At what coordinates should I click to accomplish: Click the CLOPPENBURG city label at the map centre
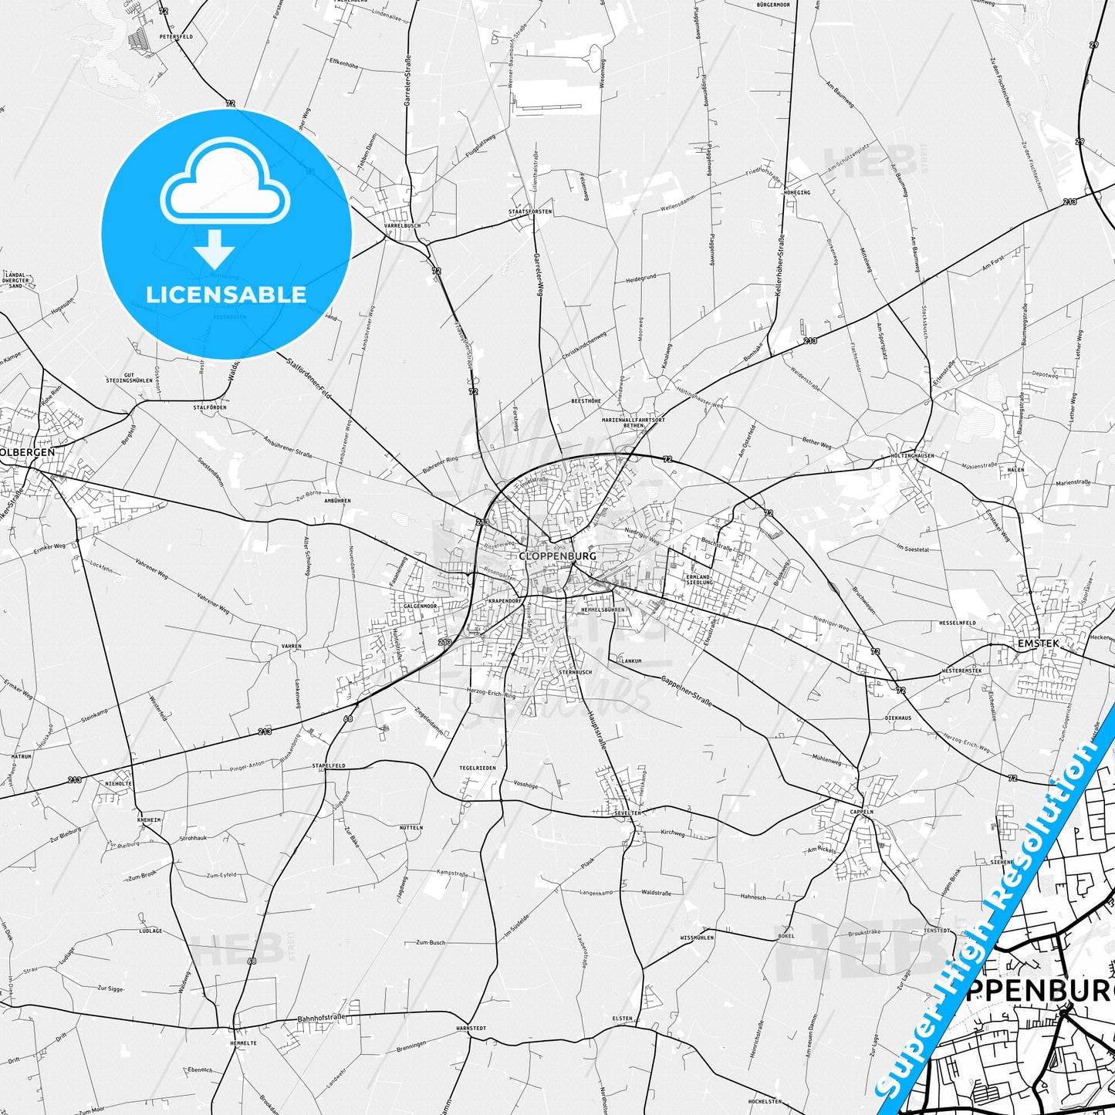(557, 556)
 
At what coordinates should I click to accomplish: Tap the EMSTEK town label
(1038, 643)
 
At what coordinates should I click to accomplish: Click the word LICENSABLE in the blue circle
(226, 294)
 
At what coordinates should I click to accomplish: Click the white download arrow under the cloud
(214, 249)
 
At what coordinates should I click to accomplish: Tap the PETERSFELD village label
(176, 36)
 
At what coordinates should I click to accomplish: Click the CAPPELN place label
(861, 812)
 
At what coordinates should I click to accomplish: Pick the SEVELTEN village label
(627, 813)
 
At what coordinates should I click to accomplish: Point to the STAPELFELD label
(329, 765)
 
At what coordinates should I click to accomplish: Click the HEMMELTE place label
(243, 1042)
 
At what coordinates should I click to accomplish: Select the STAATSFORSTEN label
(530, 211)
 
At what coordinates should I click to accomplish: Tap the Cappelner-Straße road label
(687, 691)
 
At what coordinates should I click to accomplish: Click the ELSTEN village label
(622, 1019)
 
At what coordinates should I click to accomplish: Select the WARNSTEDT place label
(471, 1029)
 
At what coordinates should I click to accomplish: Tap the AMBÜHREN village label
(338, 501)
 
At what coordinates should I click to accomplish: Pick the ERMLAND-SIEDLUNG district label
(699, 579)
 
